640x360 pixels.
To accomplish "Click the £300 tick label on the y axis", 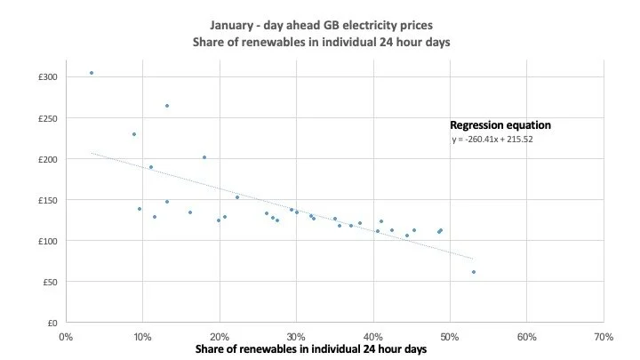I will coord(49,77).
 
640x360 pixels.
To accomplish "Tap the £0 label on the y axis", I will coord(53,323).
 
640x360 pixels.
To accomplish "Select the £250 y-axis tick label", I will coord(49,118).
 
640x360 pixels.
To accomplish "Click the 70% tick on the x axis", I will coord(604,337).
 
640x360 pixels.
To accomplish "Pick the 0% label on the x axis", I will coord(65,337).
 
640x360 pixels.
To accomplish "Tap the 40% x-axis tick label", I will coord(372,337).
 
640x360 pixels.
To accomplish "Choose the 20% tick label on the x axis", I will coord(219,337).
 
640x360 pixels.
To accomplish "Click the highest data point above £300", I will coord(92,73).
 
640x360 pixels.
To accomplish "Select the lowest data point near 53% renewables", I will coord(474,272).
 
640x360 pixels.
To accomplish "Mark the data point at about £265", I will coord(166,106).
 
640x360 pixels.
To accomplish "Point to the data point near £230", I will coord(134,134).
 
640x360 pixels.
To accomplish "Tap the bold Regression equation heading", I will coord(500,125).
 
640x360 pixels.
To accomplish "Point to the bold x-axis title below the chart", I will coord(311,349).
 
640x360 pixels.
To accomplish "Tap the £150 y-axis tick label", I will coord(49,200).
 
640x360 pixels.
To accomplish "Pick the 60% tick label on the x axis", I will coord(526,337).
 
